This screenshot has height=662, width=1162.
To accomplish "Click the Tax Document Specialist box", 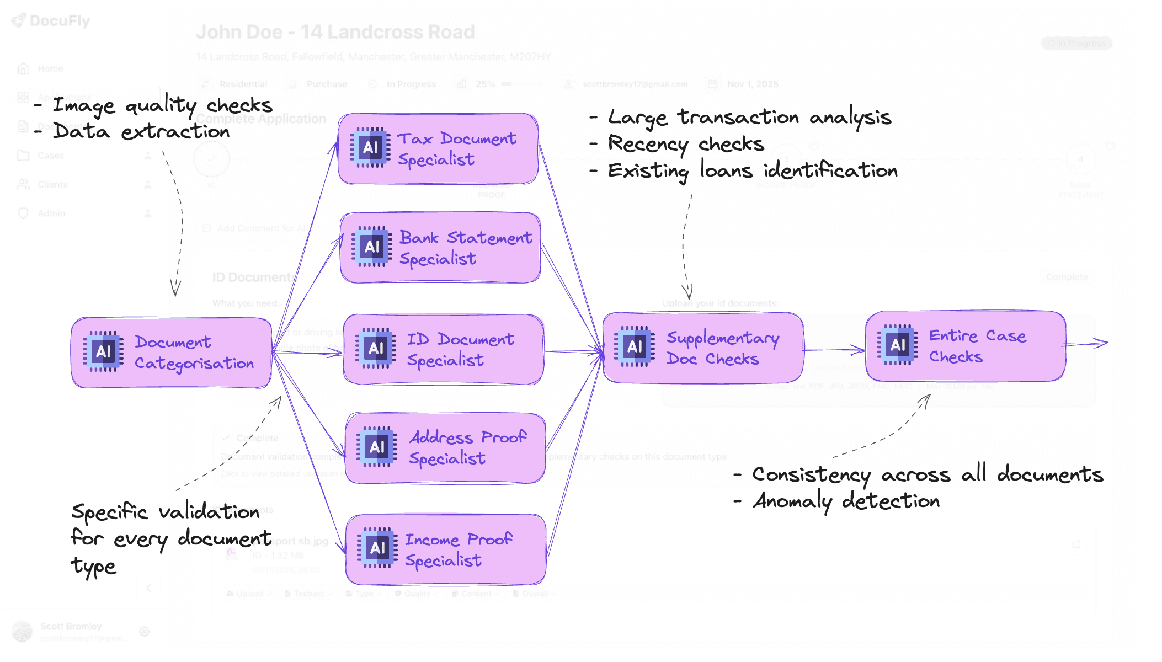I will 438,149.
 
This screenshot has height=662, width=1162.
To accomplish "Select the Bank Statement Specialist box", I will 440,248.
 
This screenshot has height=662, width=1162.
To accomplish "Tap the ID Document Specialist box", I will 444,350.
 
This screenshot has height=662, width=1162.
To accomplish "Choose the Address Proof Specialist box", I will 445,448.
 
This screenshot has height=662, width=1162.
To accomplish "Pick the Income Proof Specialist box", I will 446,549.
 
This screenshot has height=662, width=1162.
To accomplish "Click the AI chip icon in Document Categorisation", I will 103,351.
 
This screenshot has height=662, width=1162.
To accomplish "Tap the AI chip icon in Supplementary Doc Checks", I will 635,346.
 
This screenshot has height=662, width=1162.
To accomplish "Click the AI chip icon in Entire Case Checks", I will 898,345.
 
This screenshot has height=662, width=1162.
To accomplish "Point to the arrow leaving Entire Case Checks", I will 1087,344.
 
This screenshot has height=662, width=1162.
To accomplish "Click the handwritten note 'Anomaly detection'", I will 846,501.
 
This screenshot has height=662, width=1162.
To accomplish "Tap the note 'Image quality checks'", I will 162,105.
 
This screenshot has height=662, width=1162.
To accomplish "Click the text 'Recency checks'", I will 686,144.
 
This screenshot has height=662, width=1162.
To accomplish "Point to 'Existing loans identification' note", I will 753,170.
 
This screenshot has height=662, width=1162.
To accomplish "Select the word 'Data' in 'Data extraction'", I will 81,131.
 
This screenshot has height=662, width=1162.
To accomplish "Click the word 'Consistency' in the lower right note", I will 811,475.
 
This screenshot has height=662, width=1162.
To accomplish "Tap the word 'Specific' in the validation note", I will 109,512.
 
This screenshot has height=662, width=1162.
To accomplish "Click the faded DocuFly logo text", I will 59,21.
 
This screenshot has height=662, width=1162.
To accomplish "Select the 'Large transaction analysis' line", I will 749,118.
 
